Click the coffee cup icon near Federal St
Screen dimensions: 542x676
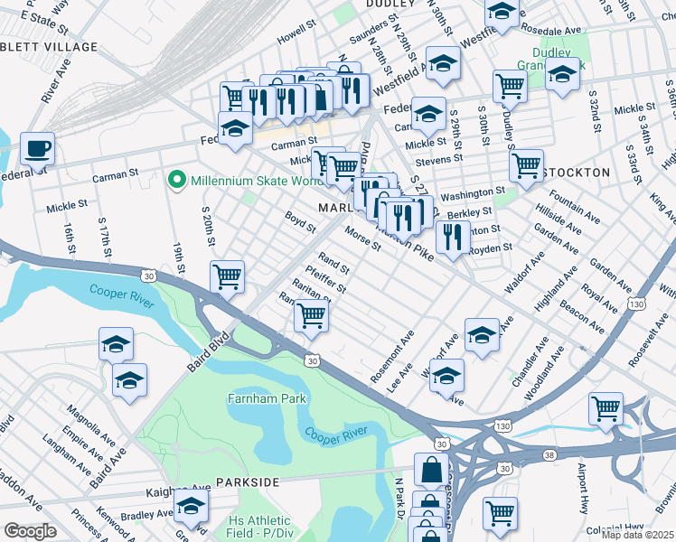click(x=37, y=147)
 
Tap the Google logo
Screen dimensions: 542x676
click(x=30, y=530)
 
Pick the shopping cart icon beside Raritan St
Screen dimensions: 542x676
click(x=311, y=314)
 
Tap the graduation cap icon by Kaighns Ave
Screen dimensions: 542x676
click(x=191, y=504)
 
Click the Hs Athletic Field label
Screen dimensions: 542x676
click(x=259, y=528)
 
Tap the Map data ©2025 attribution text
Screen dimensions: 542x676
click(x=636, y=535)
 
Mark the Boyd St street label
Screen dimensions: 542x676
click(x=299, y=220)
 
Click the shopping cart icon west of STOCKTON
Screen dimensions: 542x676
click(x=525, y=164)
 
